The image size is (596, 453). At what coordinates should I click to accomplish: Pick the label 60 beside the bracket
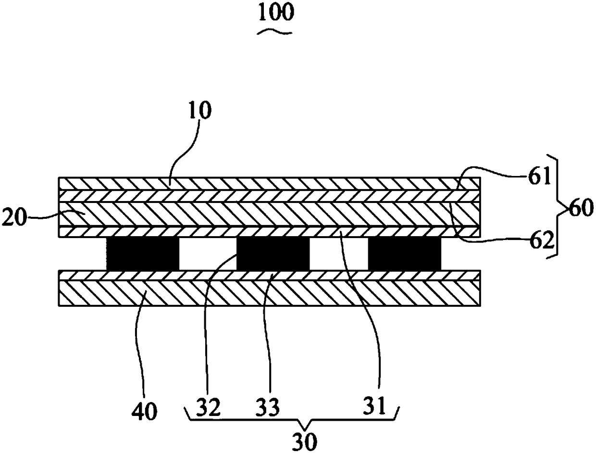(581, 210)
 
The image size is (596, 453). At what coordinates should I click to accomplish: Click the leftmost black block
(142, 253)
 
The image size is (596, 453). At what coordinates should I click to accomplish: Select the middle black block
(273, 253)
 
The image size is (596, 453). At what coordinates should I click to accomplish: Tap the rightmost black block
(404, 253)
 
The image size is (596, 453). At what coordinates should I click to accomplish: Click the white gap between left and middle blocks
(208, 253)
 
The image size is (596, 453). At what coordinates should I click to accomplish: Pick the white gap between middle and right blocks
(338, 253)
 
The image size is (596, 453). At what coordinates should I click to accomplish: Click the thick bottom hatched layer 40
(269, 293)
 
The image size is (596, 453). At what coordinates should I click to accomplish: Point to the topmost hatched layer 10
(269, 183)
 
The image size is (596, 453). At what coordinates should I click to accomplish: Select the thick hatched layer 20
(269, 214)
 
